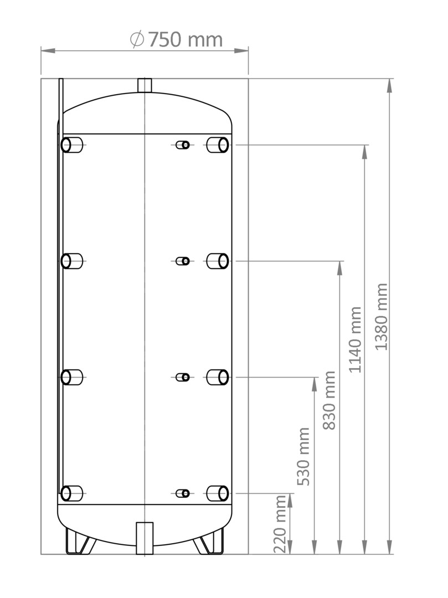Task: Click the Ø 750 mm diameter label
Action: [x=176, y=40]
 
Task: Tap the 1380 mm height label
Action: [x=382, y=317]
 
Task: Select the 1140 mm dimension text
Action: [x=355, y=339]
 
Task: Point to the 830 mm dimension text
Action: [x=329, y=400]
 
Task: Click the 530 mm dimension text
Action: [x=303, y=456]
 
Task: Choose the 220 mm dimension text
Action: [x=280, y=524]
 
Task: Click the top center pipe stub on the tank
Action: [x=145, y=85]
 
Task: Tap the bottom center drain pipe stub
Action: [x=145, y=538]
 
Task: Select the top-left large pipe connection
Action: [x=71, y=145]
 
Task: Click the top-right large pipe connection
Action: [x=217, y=145]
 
